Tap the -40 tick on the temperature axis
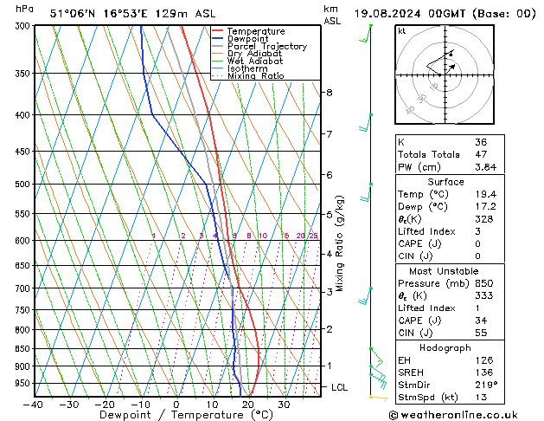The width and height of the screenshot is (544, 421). pyautogui.click(x=35, y=405)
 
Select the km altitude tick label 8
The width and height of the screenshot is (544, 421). pyautogui.click(x=329, y=92)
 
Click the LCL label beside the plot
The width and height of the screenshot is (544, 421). pyautogui.click(x=339, y=387)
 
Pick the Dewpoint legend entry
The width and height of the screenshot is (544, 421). pyautogui.click(x=247, y=39)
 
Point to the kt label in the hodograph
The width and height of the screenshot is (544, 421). pyautogui.click(x=402, y=31)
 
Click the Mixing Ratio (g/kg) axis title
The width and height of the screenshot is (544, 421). pyautogui.click(x=340, y=243)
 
